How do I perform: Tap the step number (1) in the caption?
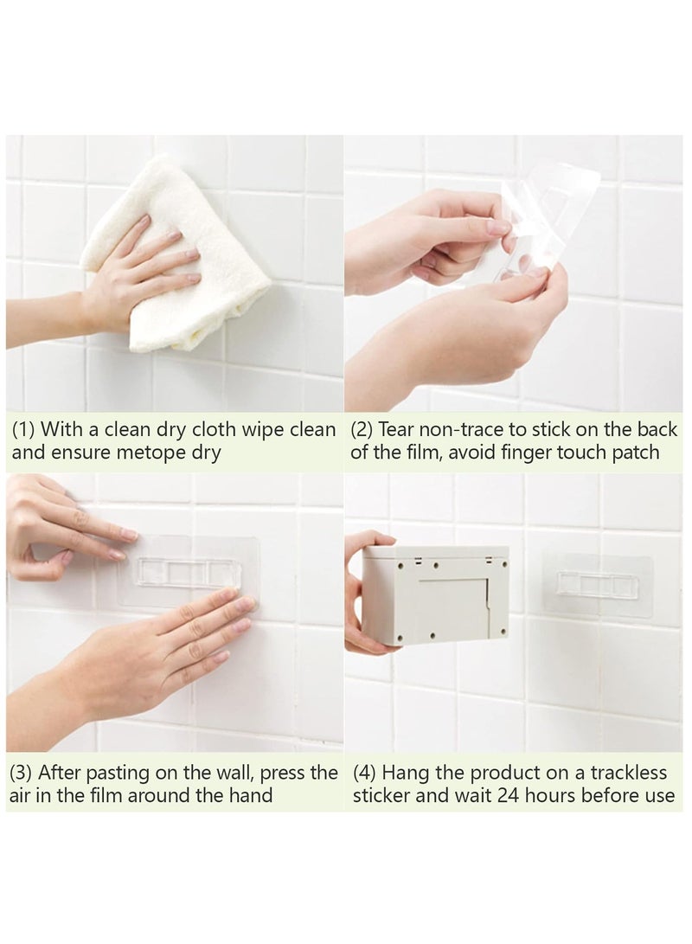coord(23,430)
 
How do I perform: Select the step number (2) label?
coord(364,430)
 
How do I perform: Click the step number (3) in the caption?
coord(23,773)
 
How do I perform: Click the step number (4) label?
coord(364,773)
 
